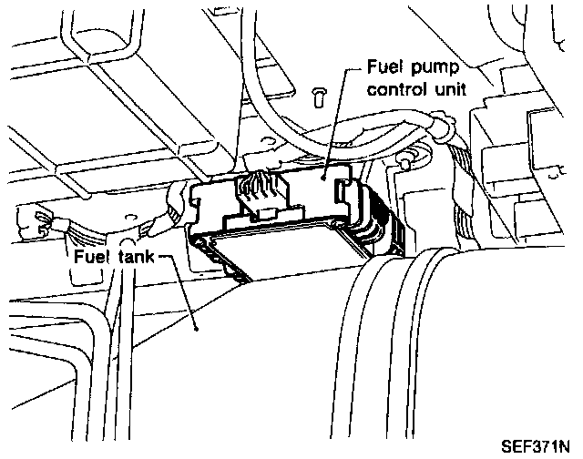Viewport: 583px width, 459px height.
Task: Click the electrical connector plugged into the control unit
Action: (259, 193)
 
